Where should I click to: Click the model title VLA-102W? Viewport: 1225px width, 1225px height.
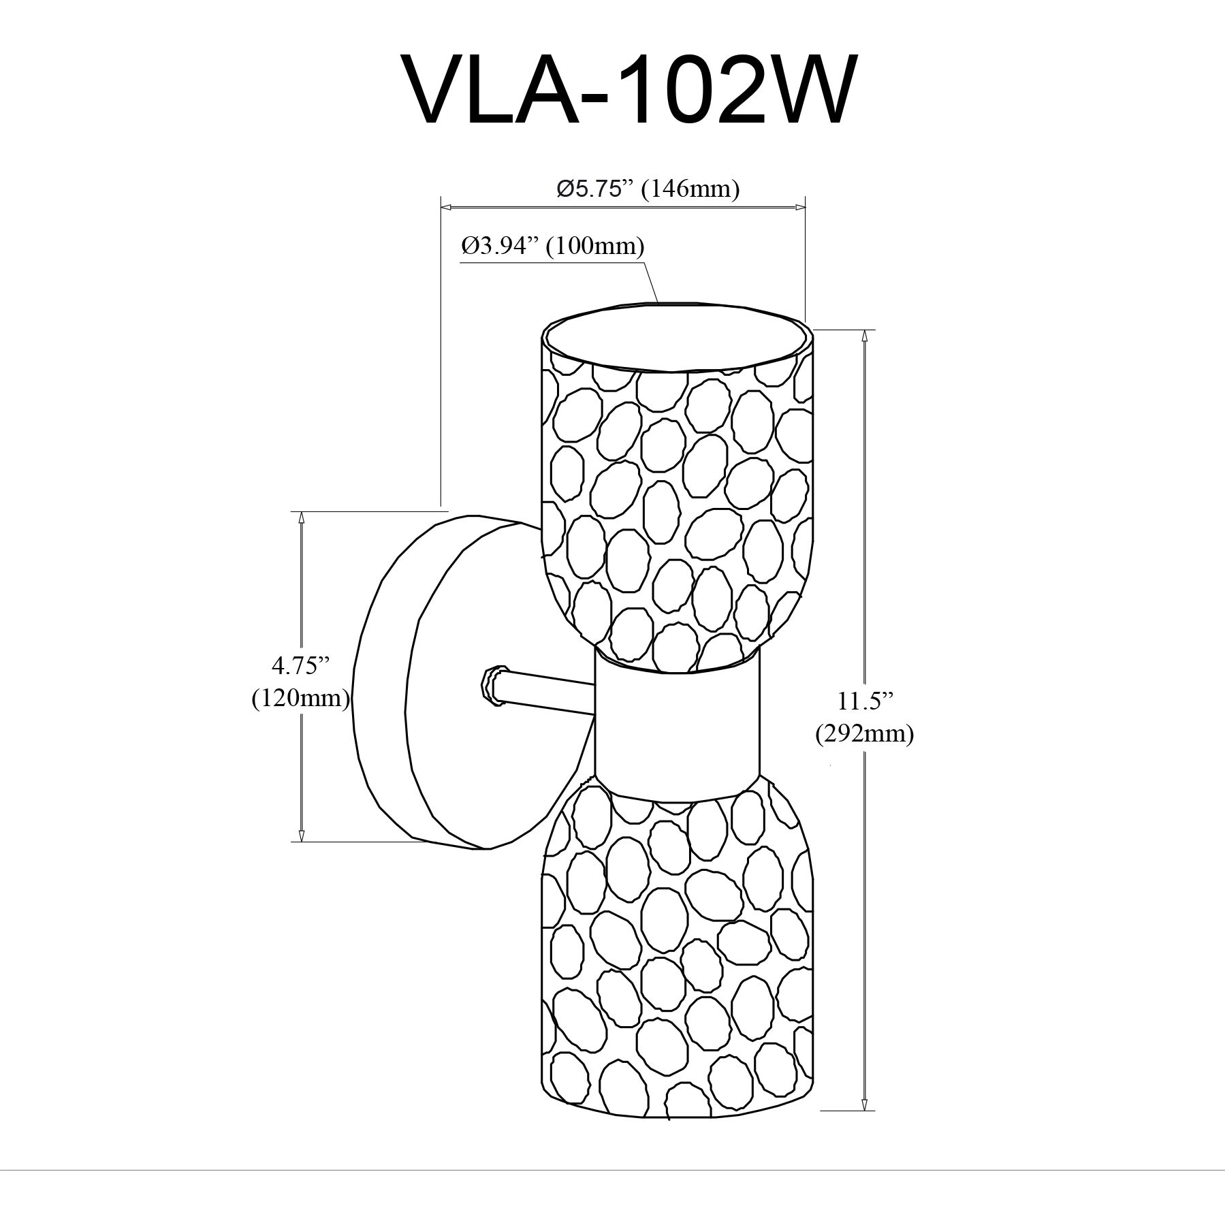coord(628,90)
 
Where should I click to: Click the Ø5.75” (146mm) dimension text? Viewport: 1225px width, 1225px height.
coord(648,188)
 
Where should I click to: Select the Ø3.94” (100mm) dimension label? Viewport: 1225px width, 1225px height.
coord(552,245)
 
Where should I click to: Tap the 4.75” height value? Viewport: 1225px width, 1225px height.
coord(296,665)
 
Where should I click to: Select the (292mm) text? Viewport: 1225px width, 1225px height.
coord(864,733)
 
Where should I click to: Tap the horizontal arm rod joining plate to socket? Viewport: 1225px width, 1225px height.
coord(545,695)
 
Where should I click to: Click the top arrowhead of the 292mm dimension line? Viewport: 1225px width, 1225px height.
coord(865,335)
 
